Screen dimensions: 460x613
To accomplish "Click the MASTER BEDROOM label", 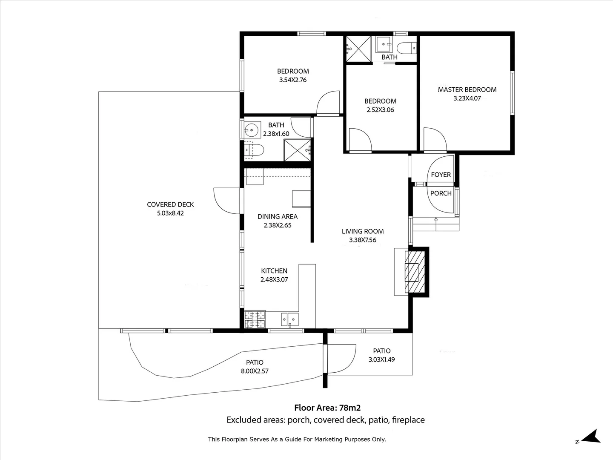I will pyautogui.click(x=467, y=89).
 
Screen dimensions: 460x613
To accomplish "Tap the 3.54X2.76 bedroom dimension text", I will pyautogui.click(x=293, y=80).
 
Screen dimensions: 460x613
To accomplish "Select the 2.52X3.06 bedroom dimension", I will pyautogui.click(x=380, y=110).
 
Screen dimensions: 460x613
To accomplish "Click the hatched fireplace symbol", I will pyautogui.click(x=415, y=272).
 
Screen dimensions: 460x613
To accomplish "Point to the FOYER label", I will pyautogui.click(x=441, y=175).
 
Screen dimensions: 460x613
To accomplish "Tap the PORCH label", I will pyautogui.click(x=441, y=193).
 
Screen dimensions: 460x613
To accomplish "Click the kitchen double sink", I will pyautogui.click(x=290, y=319).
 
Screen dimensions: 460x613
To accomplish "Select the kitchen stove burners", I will pyautogui.click(x=255, y=319).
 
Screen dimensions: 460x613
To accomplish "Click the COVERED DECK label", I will pyautogui.click(x=170, y=204).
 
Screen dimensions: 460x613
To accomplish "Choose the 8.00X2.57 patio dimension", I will pyautogui.click(x=255, y=371).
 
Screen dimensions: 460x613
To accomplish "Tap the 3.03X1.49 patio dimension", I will pyautogui.click(x=381, y=359).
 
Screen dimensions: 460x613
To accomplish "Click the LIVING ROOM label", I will pyautogui.click(x=363, y=231).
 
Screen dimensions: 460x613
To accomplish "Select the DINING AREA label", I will pyautogui.click(x=277, y=217).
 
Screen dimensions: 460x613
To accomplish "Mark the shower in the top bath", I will pyautogui.click(x=358, y=49).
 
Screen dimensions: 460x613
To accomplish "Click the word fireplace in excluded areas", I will pyautogui.click(x=408, y=420).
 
